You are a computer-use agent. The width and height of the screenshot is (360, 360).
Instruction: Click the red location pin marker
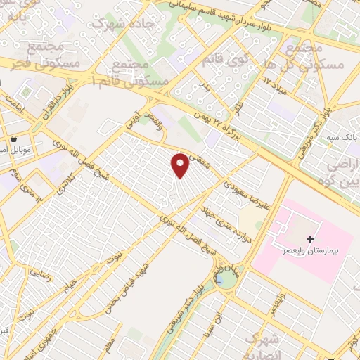click(x=181, y=165)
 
